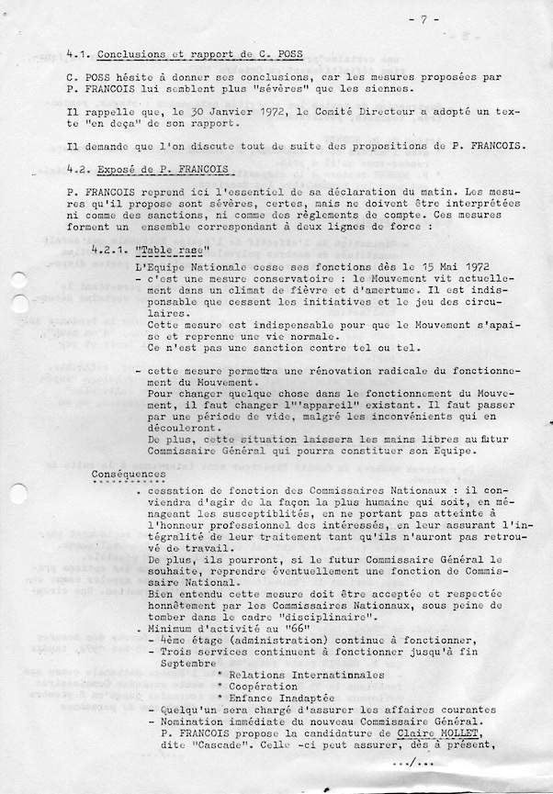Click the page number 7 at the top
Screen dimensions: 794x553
pos(423,18)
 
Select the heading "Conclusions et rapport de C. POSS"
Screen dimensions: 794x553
pos(199,55)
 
